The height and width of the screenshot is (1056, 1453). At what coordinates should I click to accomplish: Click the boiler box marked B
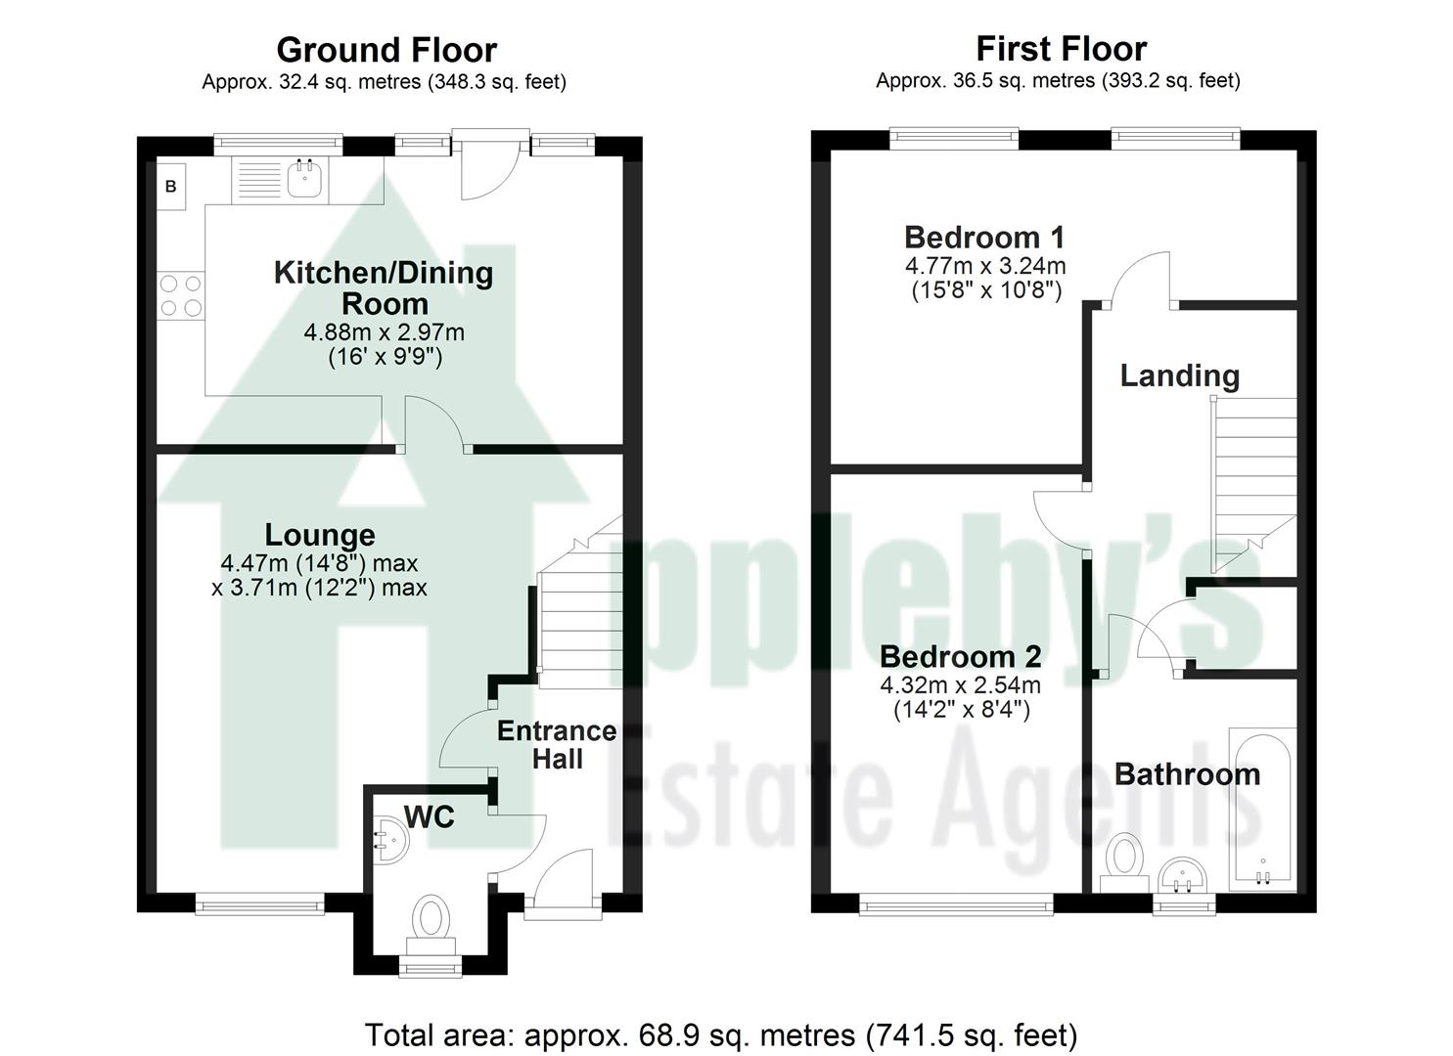pyautogui.click(x=171, y=186)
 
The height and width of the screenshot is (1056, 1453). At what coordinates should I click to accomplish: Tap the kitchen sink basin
pyautogui.click(x=307, y=178)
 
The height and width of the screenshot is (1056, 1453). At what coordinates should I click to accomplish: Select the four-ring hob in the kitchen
pyautogui.click(x=181, y=295)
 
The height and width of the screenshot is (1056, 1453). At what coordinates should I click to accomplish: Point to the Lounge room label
pyautogui.click(x=320, y=535)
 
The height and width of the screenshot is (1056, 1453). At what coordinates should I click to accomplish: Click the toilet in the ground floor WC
pyautogui.click(x=429, y=919)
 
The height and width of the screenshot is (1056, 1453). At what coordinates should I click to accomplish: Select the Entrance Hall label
pyautogui.click(x=557, y=745)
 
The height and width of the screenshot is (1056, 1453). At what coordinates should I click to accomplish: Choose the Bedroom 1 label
pyautogui.click(x=984, y=238)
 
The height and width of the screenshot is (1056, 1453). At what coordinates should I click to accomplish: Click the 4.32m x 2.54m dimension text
pyautogui.click(x=960, y=684)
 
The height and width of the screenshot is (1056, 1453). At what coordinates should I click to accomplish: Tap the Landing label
pyautogui.click(x=1179, y=375)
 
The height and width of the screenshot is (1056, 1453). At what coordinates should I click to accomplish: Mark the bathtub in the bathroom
pyautogui.click(x=1261, y=809)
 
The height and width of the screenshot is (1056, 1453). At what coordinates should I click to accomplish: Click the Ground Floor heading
pyautogui.click(x=386, y=49)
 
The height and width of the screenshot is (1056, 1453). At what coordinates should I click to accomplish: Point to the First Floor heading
pyautogui.click(x=1061, y=48)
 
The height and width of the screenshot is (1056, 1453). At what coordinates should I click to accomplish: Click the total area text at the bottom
pyautogui.click(x=721, y=1034)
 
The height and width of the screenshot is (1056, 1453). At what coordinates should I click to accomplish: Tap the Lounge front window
pyautogui.click(x=259, y=906)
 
